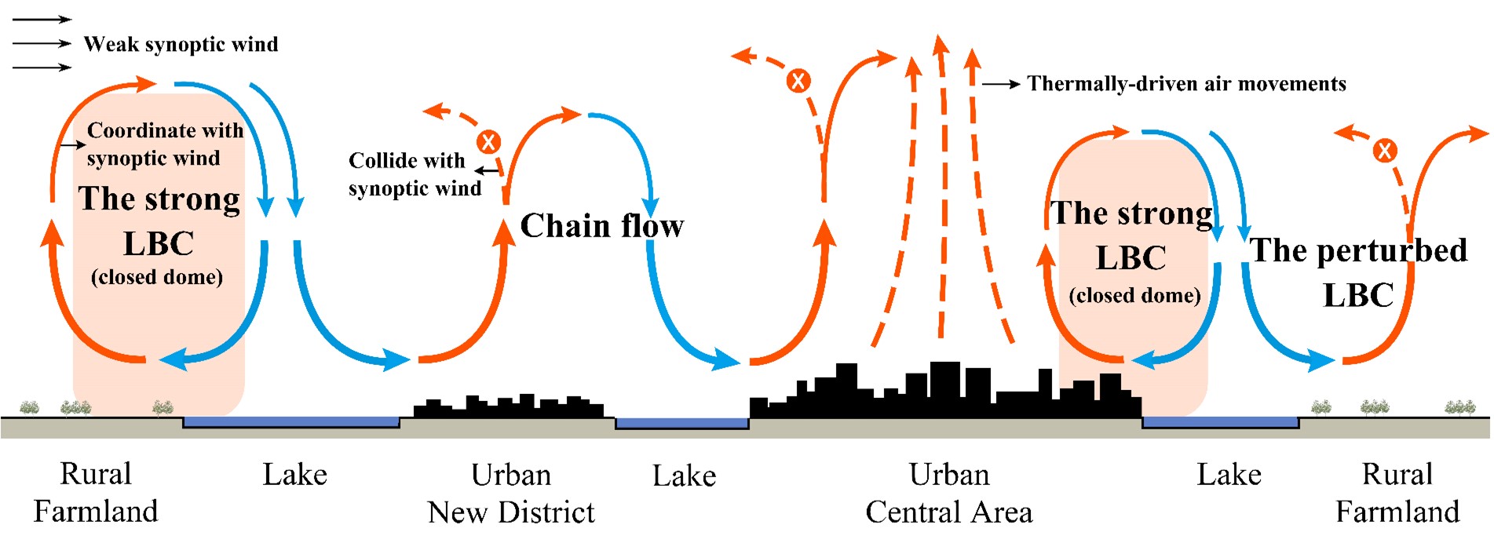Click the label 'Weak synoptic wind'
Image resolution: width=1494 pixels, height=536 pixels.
point(181,45)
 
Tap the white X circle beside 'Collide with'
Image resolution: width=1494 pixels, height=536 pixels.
point(488,142)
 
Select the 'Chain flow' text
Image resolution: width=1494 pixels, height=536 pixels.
point(602,226)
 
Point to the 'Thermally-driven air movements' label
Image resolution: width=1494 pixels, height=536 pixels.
point(1186,84)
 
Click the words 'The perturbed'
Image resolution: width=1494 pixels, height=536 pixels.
point(1358,250)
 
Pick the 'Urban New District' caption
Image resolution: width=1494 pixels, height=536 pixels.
point(511,494)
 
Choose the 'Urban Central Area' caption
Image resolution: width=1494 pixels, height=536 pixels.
point(949,494)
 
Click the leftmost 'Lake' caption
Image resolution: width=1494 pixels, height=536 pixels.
point(294,475)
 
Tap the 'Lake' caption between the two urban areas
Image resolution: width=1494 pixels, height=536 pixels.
point(684,476)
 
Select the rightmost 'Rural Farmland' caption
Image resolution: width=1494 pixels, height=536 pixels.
point(1397,493)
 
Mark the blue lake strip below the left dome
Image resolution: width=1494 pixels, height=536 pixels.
point(291,422)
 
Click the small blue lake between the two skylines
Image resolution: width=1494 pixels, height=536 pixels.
point(681,424)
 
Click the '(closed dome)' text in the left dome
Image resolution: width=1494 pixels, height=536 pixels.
point(157,277)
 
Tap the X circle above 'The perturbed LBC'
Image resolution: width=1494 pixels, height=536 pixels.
point(1385,150)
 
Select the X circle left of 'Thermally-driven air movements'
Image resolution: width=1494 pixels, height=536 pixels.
point(798,80)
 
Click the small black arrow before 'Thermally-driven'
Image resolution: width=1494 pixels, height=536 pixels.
point(1001,84)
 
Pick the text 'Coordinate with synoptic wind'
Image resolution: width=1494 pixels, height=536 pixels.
point(164,144)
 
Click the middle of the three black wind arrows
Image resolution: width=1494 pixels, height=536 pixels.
point(42,44)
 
